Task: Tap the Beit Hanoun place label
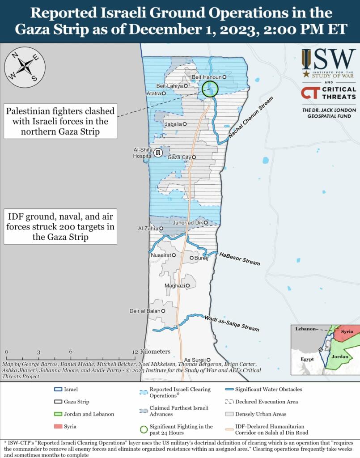tap(207, 77)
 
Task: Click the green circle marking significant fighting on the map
tap(209, 89)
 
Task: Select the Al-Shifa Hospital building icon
tap(157, 153)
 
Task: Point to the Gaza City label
tap(179, 157)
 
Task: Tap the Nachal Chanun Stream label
tap(250, 117)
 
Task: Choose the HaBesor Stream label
tap(239, 259)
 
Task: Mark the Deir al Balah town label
tap(146, 310)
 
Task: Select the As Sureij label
tap(194, 360)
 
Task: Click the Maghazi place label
tap(174, 285)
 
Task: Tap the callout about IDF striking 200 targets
tap(61, 226)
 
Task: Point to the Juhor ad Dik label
tap(188, 222)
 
